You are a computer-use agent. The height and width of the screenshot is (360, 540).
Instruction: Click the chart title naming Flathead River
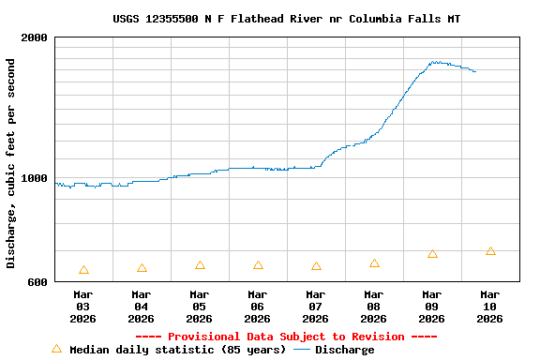point(286,19)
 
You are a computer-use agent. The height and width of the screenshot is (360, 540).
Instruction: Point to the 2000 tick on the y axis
point(35,38)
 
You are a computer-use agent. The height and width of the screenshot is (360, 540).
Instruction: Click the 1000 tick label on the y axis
point(35,178)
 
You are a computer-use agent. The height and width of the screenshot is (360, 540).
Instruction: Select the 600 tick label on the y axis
point(37,281)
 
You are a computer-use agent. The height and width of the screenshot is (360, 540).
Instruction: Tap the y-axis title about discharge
point(11,163)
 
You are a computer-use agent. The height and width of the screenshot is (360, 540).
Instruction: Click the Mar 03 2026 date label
point(82,307)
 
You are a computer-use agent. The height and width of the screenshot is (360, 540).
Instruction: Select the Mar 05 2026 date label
point(199,307)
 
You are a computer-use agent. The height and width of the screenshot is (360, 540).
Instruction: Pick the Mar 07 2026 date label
point(315,307)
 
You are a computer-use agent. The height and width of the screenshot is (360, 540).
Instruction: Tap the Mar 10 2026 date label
point(489,307)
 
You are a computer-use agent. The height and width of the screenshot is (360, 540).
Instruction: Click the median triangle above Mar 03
point(83,270)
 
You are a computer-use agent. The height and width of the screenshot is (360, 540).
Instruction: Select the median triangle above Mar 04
point(142,268)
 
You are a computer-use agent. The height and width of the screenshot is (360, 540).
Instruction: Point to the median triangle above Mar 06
point(258,266)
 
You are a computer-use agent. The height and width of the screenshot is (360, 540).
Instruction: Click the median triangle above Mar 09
point(432,254)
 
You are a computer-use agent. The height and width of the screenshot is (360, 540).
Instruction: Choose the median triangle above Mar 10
point(490,251)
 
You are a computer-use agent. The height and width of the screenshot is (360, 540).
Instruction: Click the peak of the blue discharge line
point(434,62)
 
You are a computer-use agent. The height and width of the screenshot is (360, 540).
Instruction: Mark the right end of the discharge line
point(475,71)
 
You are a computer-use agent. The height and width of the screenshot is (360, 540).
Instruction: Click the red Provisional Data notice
point(286,337)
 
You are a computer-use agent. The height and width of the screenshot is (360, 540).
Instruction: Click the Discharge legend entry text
point(344,350)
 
